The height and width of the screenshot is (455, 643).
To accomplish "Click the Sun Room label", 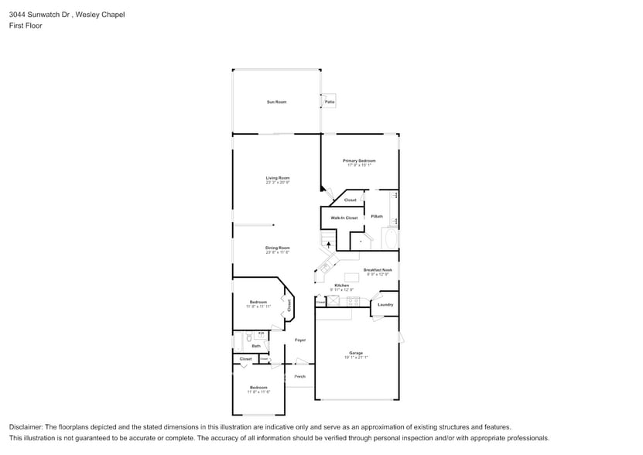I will tap(276, 102).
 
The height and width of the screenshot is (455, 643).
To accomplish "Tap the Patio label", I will tap(330, 102).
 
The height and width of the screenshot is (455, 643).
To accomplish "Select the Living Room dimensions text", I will tap(277, 183).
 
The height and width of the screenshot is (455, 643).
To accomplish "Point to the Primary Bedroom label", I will tap(359, 160).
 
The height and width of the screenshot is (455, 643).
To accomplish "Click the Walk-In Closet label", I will tap(344, 218).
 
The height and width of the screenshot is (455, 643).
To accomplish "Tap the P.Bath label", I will tap(377, 216).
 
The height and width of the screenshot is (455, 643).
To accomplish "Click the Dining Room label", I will tap(277, 248).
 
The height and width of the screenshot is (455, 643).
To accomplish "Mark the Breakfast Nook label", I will tap(378, 270).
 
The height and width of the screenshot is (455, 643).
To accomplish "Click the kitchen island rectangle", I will tap(352, 276).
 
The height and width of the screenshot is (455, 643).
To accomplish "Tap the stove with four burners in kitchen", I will tap(353, 302).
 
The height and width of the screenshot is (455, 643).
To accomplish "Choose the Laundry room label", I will tap(385, 304).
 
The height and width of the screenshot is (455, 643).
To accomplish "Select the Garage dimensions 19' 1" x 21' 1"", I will tap(356, 357).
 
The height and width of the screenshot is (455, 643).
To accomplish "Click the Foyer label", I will tap(300, 340).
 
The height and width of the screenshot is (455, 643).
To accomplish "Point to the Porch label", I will tap(300, 376).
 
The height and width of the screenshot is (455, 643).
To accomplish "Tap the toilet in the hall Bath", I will tap(248, 337).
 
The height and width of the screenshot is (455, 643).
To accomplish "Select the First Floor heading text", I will tap(26, 26).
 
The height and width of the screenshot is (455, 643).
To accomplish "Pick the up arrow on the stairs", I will tap(329, 245).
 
